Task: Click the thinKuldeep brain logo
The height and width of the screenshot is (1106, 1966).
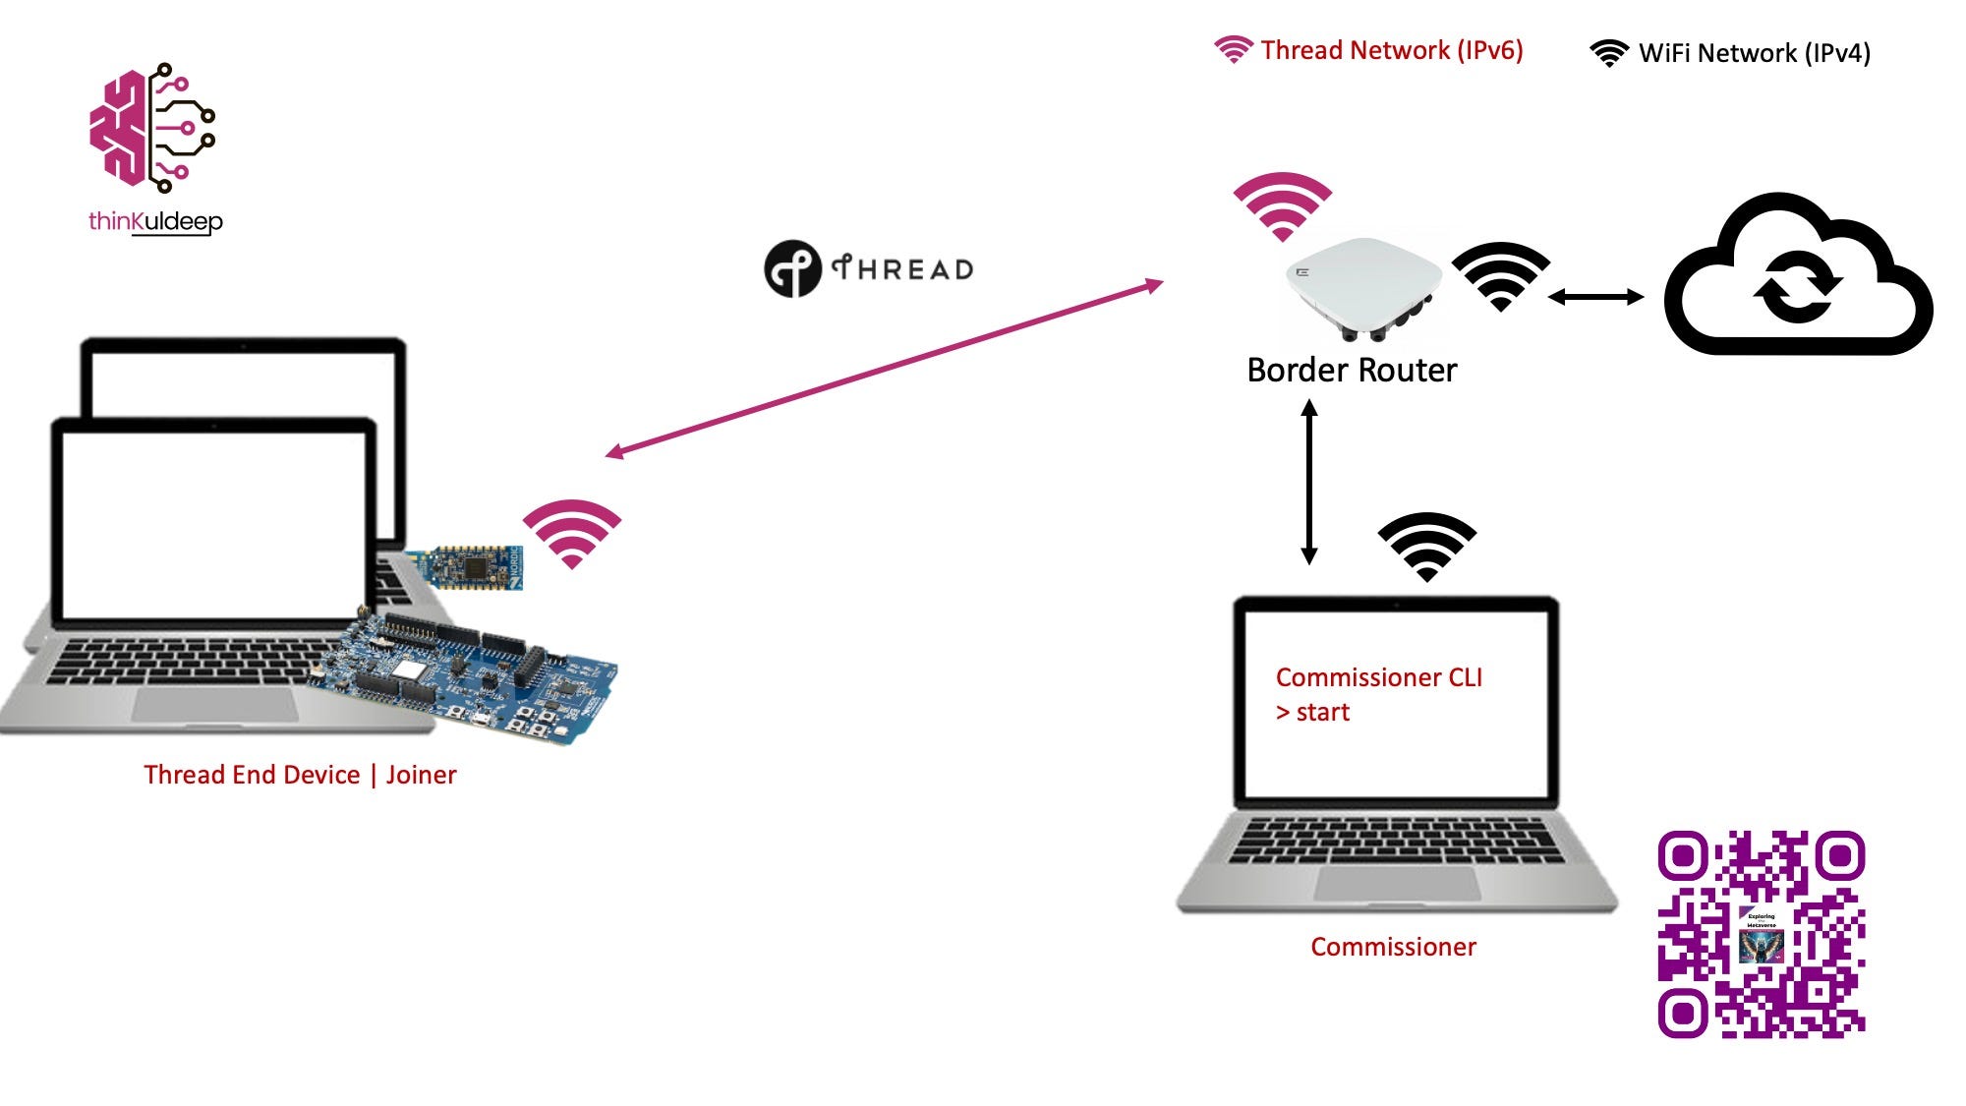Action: (153, 128)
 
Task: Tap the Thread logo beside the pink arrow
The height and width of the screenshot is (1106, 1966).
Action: (869, 268)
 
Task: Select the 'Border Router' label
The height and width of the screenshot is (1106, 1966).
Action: (1352, 371)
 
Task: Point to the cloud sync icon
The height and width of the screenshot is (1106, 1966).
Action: (1798, 276)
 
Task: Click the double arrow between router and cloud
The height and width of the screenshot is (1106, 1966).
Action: (1595, 296)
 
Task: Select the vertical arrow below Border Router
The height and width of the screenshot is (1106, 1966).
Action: (1309, 482)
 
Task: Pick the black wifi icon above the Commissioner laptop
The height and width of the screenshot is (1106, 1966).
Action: (1426, 547)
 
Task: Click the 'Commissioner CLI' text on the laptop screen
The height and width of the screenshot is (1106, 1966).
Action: (1378, 677)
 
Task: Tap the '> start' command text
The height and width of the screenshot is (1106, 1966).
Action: (1312, 712)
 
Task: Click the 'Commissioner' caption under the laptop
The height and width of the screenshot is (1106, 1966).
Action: (1393, 947)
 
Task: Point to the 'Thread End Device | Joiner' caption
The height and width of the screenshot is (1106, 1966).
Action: (300, 775)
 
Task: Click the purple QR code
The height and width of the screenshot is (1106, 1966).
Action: (1762, 934)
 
